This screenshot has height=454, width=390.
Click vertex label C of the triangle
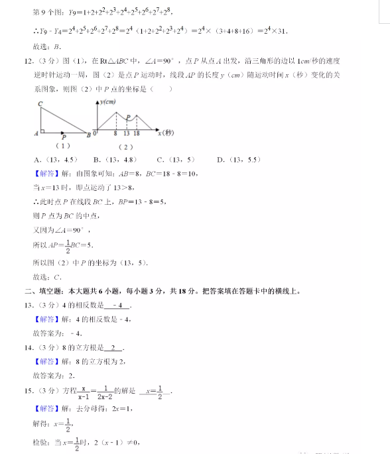pos(41,104)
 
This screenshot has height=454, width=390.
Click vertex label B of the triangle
pos(88,135)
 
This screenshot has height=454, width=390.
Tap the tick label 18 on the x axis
pos(136,135)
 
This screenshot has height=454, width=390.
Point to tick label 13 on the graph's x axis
pos(126,135)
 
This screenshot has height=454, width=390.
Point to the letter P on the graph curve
pos(128,117)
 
